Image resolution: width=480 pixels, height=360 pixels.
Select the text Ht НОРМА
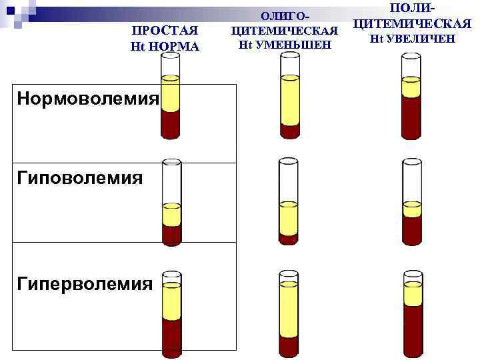point(165,46)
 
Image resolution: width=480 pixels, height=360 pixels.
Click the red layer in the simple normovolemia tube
point(171,124)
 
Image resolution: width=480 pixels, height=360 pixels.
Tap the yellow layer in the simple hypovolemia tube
point(171,214)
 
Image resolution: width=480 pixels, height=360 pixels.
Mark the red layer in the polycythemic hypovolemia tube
point(412,230)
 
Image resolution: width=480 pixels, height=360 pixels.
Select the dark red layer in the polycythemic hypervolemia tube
point(411,313)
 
